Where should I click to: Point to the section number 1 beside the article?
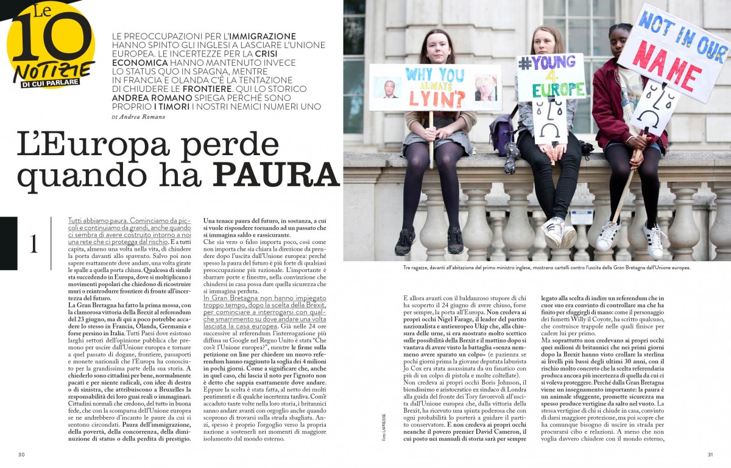[x=34, y=243]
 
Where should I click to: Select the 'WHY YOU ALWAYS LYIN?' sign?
[x=435, y=87]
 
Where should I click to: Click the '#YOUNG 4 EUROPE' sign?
[x=551, y=76]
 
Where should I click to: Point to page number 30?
[x=21, y=454]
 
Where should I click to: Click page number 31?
[x=710, y=454]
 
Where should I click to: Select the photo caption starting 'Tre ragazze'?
[x=546, y=268]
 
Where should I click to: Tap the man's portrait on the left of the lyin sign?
[x=387, y=88]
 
